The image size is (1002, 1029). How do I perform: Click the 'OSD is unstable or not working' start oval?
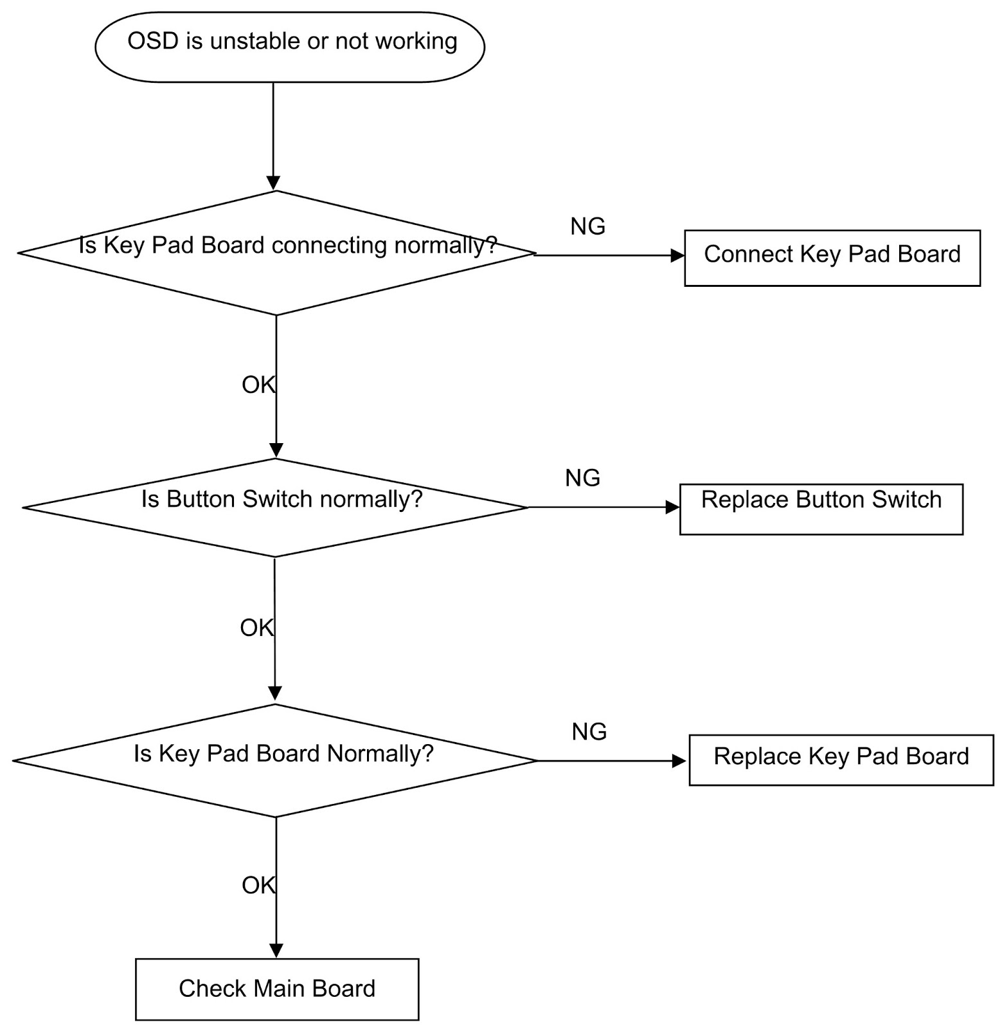[x=289, y=46]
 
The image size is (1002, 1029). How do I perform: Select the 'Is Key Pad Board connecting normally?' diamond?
[x=276, y=253]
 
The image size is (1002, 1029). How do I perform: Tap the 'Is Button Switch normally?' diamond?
[x=275, y=507]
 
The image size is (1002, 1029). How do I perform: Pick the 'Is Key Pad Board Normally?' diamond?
[x=275, y=760]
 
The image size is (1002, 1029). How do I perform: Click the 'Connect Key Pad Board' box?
[x=832, y=257]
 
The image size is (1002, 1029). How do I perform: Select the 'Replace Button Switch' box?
[x=821, y=509]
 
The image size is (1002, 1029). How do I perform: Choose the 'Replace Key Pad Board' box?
[x=841, y=760]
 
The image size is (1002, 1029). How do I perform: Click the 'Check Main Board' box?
[x=277, y=989]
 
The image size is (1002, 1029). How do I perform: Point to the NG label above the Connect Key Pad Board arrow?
[x=587, y=226]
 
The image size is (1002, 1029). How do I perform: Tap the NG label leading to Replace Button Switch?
[x=582, y=478]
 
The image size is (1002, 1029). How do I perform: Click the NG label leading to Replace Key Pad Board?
[x=589, y=732]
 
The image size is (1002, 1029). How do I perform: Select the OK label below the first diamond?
[x=258, y=385]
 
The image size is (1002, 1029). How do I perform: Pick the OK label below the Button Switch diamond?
[x=257, y=628]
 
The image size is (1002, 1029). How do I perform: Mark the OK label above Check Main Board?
[x=258, y=886]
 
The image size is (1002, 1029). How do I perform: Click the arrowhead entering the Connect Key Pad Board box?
[x=677, y=255]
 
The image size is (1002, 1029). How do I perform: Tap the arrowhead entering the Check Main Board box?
[x=276, y=951]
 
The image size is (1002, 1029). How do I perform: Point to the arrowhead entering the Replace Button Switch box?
[x=673, y=507]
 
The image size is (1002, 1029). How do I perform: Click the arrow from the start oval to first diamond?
[x=273, y=135]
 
